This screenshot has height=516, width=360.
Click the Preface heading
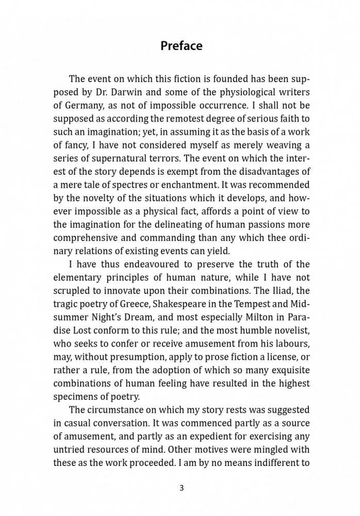coord(181,46)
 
